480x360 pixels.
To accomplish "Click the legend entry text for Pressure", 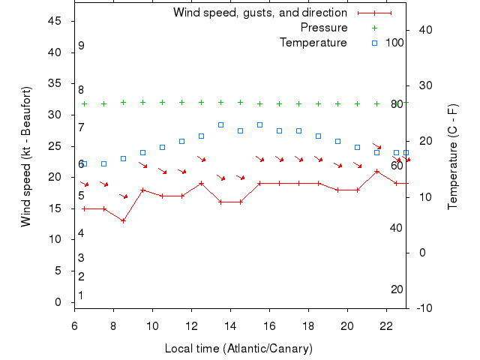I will (x=324, y=28).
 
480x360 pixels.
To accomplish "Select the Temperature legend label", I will (x=313, y=43).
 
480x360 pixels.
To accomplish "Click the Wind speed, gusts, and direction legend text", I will (x=259, y=13).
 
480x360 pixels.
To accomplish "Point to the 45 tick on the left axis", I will (x=55, y=21).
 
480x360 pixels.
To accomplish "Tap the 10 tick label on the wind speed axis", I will (x=55, y=239).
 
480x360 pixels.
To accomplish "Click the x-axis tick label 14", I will (x=230, y=326).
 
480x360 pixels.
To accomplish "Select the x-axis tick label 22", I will (x=386, y=326).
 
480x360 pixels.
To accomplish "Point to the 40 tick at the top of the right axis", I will (x=425, y=29).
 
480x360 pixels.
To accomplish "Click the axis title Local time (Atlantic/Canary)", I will (x=238, y=349).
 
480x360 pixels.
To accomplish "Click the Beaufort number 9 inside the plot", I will (x=81, y=46).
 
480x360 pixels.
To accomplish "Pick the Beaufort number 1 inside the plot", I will (x=81, y=295).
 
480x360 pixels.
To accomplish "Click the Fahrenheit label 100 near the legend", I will (x=394, y=43).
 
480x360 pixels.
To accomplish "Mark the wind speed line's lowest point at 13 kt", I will (x=123, y=220).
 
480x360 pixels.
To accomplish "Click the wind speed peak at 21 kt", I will (x=376, y=171).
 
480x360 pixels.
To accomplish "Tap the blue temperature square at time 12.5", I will (x=201, y=136).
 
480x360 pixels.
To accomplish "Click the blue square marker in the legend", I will (x=374, y=43).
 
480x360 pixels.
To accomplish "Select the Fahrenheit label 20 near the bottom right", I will (x=397, y=289).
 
